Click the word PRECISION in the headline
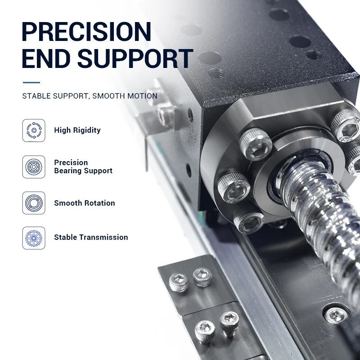click(86, 31)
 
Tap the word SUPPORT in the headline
click(135, 58)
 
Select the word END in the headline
click(46, 58)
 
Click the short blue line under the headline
click(31, 82)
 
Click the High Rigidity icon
click(34, 130)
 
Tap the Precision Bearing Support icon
click(34, 167)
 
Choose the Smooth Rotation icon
click(34, 203)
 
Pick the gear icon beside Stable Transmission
click(34, 238)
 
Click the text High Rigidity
click(77, 130)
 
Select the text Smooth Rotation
click(85, 203)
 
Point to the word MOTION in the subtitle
click(142, 96)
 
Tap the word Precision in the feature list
click(71, 162)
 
